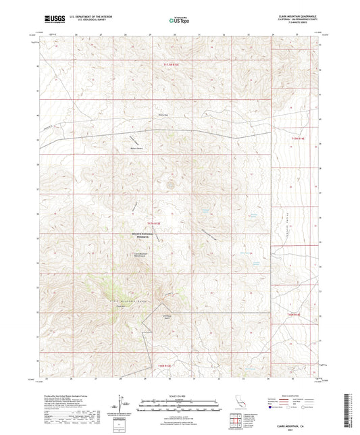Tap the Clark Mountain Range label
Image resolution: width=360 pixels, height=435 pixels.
(x=126, y=299)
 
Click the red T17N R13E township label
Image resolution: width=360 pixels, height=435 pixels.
(x=155, y=222)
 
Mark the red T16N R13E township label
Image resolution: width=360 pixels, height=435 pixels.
(x=165, y=365)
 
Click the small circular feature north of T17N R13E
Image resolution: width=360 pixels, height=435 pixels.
(x=170, y=183)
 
